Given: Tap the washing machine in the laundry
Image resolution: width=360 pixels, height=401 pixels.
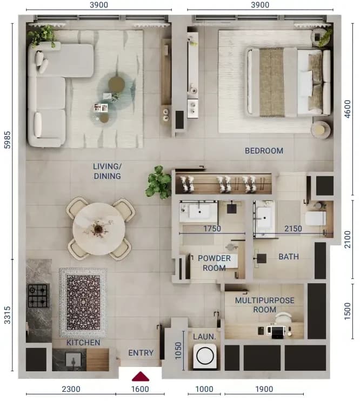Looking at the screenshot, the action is [205, 356].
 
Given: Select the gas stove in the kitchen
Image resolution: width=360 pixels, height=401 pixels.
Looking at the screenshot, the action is [38, 296].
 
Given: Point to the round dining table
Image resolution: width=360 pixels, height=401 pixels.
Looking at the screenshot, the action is [99, 229].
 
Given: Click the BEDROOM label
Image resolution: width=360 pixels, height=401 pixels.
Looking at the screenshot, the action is [264, 151].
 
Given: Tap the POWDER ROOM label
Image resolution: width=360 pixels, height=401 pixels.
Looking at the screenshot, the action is [214, 263].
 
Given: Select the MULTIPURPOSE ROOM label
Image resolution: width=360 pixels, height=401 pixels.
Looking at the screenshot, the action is [264, 305].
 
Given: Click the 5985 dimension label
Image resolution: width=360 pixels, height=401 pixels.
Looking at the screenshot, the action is [8, 140].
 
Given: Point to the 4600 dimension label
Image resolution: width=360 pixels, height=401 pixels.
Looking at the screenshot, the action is [348, 109].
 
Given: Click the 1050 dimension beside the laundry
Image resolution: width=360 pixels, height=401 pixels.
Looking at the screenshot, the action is [178, 351].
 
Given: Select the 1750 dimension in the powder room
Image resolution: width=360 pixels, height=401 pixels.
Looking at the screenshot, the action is [212, 229].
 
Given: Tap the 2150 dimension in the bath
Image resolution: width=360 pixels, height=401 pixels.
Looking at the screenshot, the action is [293, 229].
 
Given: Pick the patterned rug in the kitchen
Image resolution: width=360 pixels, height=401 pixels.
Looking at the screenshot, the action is [83, 303].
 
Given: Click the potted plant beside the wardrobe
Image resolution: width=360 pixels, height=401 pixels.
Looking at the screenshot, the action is [159, 182].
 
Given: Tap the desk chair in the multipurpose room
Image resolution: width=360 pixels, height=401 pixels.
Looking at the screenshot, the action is [283, 317].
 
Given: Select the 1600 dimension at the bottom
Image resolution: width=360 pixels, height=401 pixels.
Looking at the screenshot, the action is [140, 389].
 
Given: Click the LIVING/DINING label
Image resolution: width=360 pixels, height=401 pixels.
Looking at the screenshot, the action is [107, 171].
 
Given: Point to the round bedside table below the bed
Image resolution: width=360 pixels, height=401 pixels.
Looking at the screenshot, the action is [321, 130].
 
